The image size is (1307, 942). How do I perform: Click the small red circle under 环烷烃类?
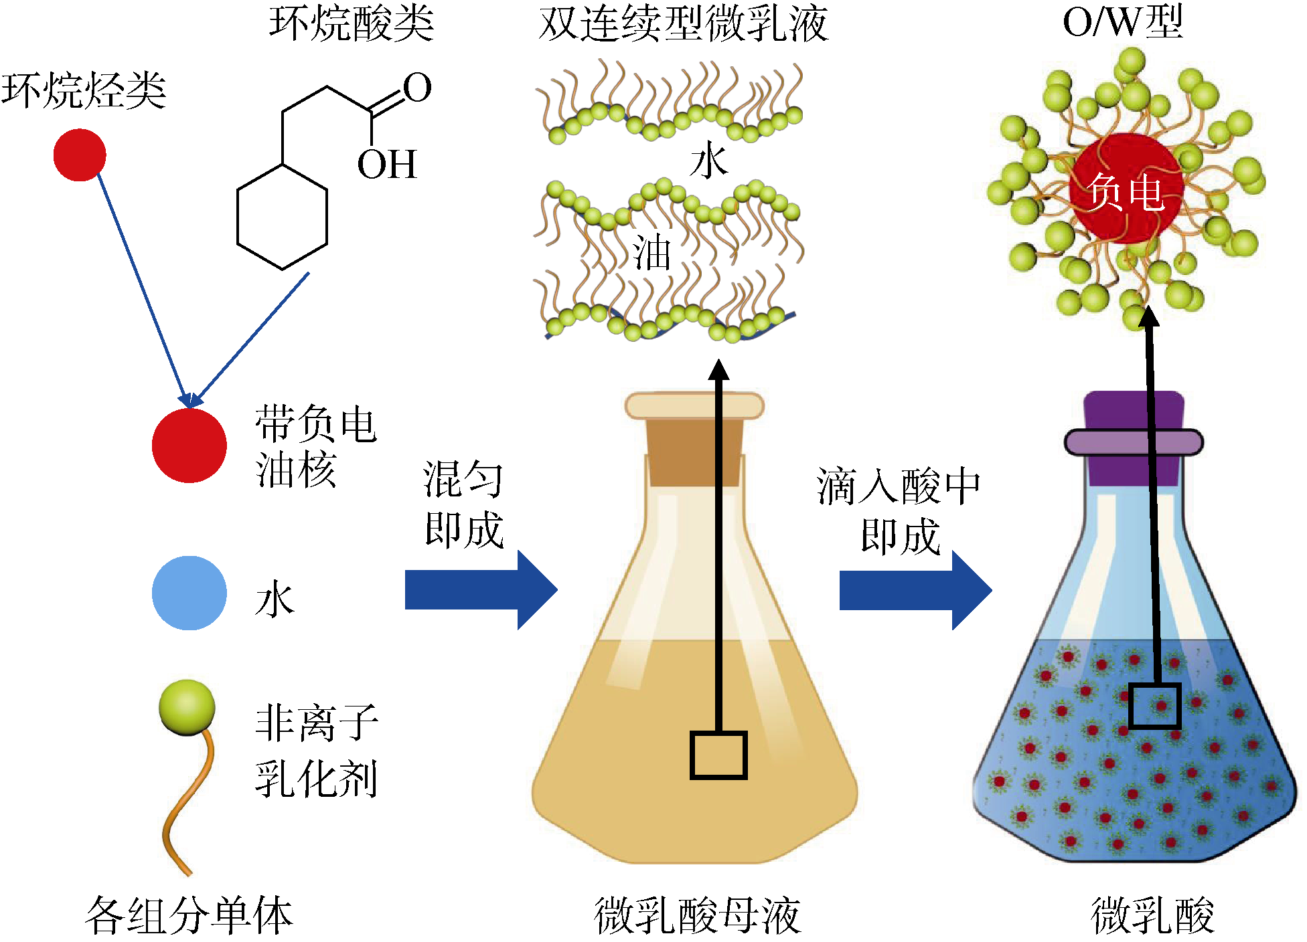(x=80, y=155)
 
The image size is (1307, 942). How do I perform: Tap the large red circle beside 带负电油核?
(x=189, y=445)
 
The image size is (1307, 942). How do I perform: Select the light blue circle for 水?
(x=189, y=593)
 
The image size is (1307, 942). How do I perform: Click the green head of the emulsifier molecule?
(x=187, y=707)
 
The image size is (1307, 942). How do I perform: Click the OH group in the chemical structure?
(x=387, y=165)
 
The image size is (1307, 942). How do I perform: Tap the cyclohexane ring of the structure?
(x=283, y=217)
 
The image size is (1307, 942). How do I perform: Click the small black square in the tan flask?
(x=718, y=755)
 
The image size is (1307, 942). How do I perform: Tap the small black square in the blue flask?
(x=1154, y=706)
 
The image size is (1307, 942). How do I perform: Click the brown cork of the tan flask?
(x=694, y=452)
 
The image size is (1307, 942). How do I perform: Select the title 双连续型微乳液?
(x=683, y=24)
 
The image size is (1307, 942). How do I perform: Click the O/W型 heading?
(x=1123, y=21)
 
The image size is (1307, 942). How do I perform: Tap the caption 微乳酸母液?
(x=697, y=915)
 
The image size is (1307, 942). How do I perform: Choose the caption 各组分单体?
(x=189, y=915)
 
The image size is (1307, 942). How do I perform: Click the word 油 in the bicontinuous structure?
(x=651, y=253)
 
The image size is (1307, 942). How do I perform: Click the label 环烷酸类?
(x=352, y=23)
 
